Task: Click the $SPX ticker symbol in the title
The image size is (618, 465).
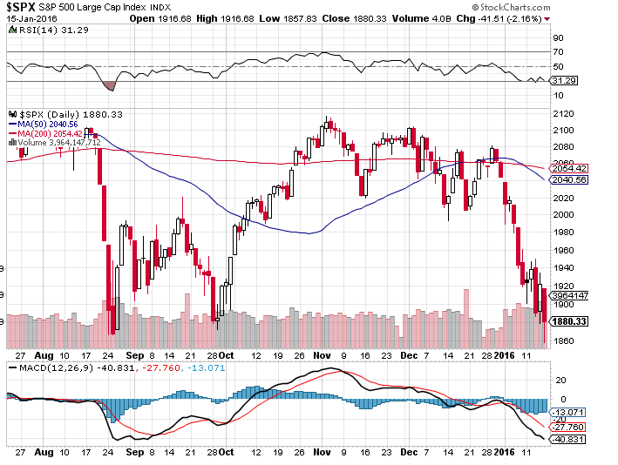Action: (x=22, y=6)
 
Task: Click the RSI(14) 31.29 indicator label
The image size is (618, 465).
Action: (x=38, y=30)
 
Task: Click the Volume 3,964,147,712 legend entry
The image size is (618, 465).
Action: (x=58, y=142)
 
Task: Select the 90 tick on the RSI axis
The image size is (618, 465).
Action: (x=558, y=38)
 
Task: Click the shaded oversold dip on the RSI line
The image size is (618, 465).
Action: (x=109, y=85)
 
